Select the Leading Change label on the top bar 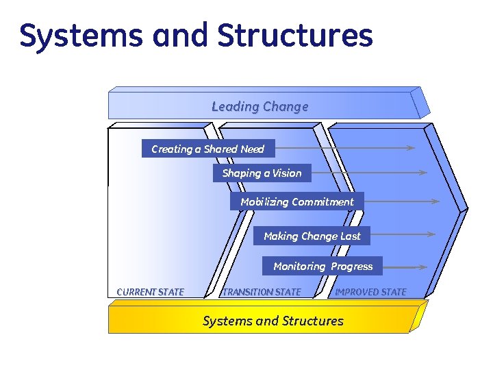click(260, 106)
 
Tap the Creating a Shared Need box click(207, 149)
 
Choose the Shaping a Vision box click(262, 173)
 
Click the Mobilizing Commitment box click(297, 201)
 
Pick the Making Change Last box click(312, 236)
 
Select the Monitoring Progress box click(323, 266)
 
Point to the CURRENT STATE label click(150, 292)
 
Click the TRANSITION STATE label click(262, 292)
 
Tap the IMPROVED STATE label click(370, 292)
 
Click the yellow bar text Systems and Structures click(273, 321)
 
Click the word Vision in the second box click(287, 173)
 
